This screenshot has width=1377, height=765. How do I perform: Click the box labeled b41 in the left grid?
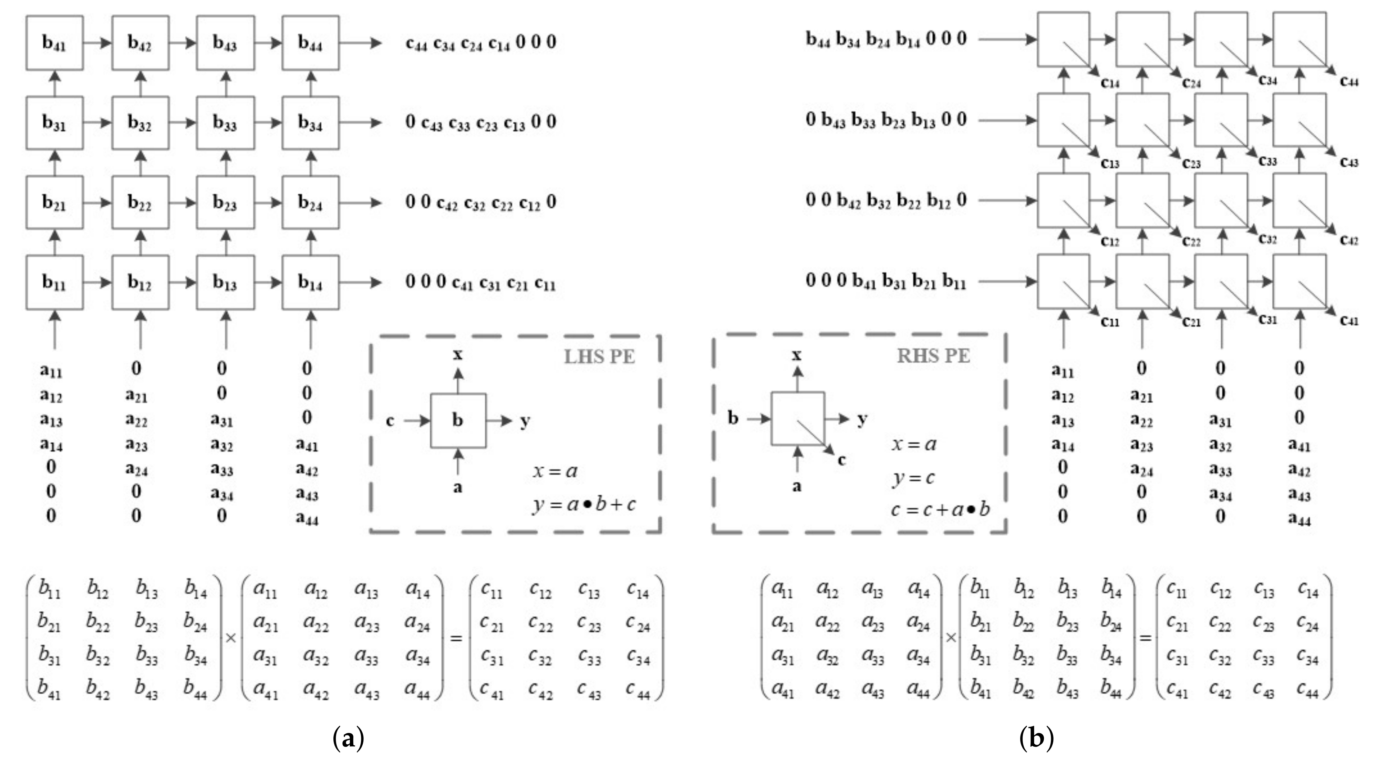pyautogui.click(x=54, y=43)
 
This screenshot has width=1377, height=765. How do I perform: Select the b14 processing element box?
pyautogui.click(x=310, y=282)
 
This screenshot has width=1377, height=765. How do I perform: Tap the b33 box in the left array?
pyautogui.click(x=225, y=122)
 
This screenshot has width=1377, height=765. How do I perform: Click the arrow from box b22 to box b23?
pyautogui.click(x=183, y=203)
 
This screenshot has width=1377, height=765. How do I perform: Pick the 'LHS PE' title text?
pyautogui.click(x=599, y=356)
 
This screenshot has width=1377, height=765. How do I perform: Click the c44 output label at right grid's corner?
pyautogui.click(x=1349, y=81)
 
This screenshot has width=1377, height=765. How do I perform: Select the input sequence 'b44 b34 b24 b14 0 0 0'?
pyautogui.click(x=886, y=39)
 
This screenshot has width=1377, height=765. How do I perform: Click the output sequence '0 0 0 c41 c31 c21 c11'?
pyautogui.click(x=480, y=282)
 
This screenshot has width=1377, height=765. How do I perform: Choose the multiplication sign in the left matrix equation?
pyautogui.click(x=231, y=638)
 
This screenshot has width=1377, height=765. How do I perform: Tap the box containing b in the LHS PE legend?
pyautogui.click(x=458, y=421)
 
